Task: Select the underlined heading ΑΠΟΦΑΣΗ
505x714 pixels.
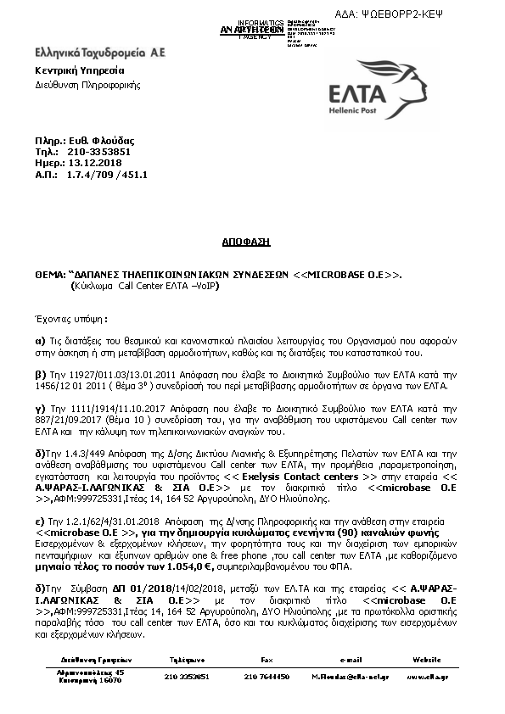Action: (x=252, y=242)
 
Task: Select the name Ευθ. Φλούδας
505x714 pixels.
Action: (x=104, y=140)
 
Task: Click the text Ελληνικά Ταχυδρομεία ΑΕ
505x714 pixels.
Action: (x=99, y=53)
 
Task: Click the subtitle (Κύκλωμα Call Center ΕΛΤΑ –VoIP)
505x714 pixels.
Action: (x=143, y=287)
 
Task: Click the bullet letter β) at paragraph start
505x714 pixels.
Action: (x=39, y=373)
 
